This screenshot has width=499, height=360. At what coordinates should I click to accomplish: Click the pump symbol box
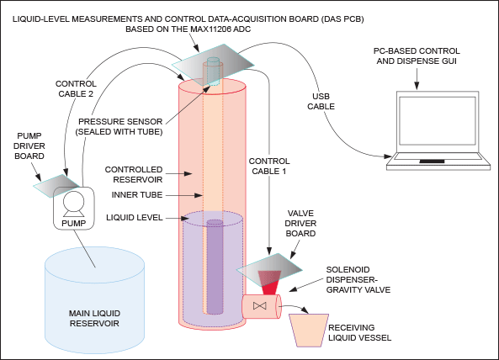(x=73, y=208)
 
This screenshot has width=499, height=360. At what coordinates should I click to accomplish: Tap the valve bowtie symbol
(x=260, y=306)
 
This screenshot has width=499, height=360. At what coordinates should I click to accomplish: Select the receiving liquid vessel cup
(x=309, y=331)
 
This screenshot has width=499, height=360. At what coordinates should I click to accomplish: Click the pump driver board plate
(x=56, y=186)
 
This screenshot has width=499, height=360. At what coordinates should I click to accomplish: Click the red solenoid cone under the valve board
(x=269, y=283)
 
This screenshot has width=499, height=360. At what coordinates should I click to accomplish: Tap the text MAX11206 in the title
(x=211, y=29)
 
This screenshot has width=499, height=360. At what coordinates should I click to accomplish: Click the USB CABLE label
(x=321, y=102)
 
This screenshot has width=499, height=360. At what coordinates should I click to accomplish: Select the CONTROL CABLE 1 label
(x=269, y=166)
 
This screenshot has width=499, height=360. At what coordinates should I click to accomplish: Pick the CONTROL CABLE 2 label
(x=76, y=88)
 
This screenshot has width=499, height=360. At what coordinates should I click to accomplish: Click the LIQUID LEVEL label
(x=135, y=218)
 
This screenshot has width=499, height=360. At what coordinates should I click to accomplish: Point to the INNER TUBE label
(x=137, y=195)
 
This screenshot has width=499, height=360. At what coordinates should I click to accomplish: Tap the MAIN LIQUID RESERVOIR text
(x=94, y=318)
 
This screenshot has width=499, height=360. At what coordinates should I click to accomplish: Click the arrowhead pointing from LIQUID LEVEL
(x=185, y=218)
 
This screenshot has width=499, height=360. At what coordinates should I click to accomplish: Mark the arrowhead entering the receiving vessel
(x=305, y=310)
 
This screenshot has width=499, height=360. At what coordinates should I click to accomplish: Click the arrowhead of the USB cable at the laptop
(x=388, y=156)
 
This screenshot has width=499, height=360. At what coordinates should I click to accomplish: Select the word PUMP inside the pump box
(x=73, y=223)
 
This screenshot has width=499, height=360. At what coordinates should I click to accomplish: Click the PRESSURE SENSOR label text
(x=120, y=122)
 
